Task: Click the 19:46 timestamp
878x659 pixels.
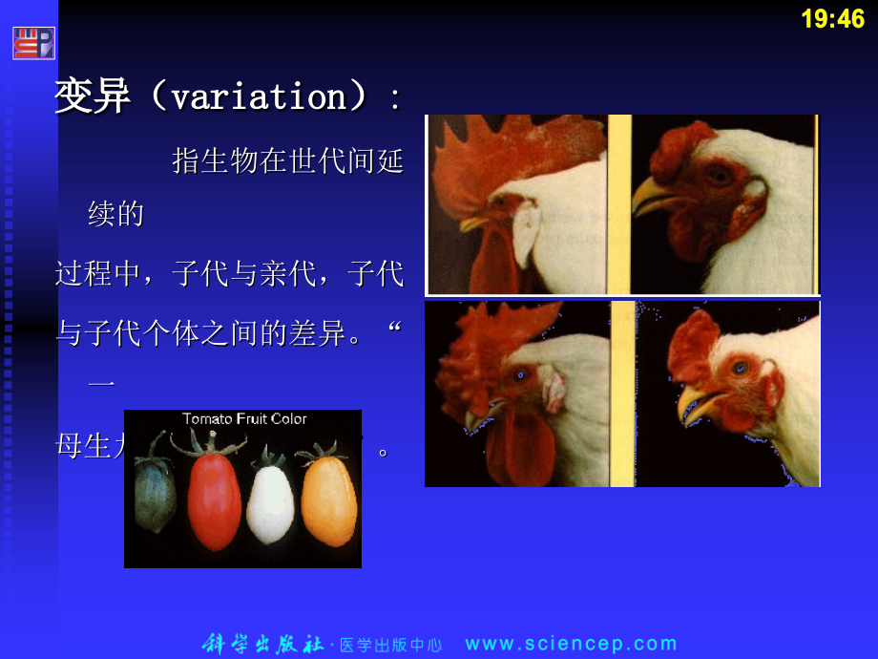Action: point(832,18)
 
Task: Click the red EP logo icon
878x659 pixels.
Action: point(33,43)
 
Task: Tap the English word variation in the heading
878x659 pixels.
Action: point(258,96)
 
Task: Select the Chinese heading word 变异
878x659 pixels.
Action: point(93,96)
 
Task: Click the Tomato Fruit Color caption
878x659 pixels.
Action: point(244,418)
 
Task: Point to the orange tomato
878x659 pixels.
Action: point(328,497)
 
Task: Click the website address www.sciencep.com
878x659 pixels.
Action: point(571,644)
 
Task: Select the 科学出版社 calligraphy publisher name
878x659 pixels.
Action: point(263,644)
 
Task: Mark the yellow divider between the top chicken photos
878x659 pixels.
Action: point(618,203)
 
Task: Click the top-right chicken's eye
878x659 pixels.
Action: point(718,174)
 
